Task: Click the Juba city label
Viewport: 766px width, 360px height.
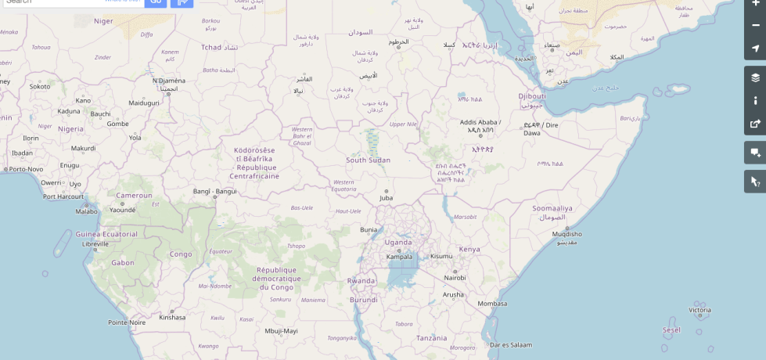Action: (386, 198)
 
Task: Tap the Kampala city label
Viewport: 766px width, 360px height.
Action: (399, 256)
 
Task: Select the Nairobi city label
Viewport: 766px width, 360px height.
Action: (455, 278)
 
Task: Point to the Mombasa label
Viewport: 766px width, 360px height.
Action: (492, 304)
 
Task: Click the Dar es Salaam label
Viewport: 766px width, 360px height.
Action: (510, 344)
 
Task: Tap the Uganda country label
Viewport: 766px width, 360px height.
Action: (397, 242)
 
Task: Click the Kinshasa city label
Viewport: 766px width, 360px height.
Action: (172, 317)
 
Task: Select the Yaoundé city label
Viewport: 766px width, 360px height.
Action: (123, 210)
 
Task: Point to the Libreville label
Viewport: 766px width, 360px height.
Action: (95, 244)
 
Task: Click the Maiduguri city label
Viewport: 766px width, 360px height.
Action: (144, 103)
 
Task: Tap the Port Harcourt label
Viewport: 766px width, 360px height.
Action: (63, 196)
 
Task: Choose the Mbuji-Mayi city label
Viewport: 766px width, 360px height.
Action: (281, 331)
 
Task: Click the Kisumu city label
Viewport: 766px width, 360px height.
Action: (441, 256)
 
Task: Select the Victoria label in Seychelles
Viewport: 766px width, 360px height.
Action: (699, 310)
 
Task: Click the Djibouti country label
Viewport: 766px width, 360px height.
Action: (531, 96)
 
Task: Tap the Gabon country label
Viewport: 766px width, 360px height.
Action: (123, 263)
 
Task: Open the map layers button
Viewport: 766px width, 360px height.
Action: (755, 77)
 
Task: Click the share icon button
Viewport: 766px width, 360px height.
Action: (755, 123)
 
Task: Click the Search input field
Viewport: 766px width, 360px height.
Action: (70, 2)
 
